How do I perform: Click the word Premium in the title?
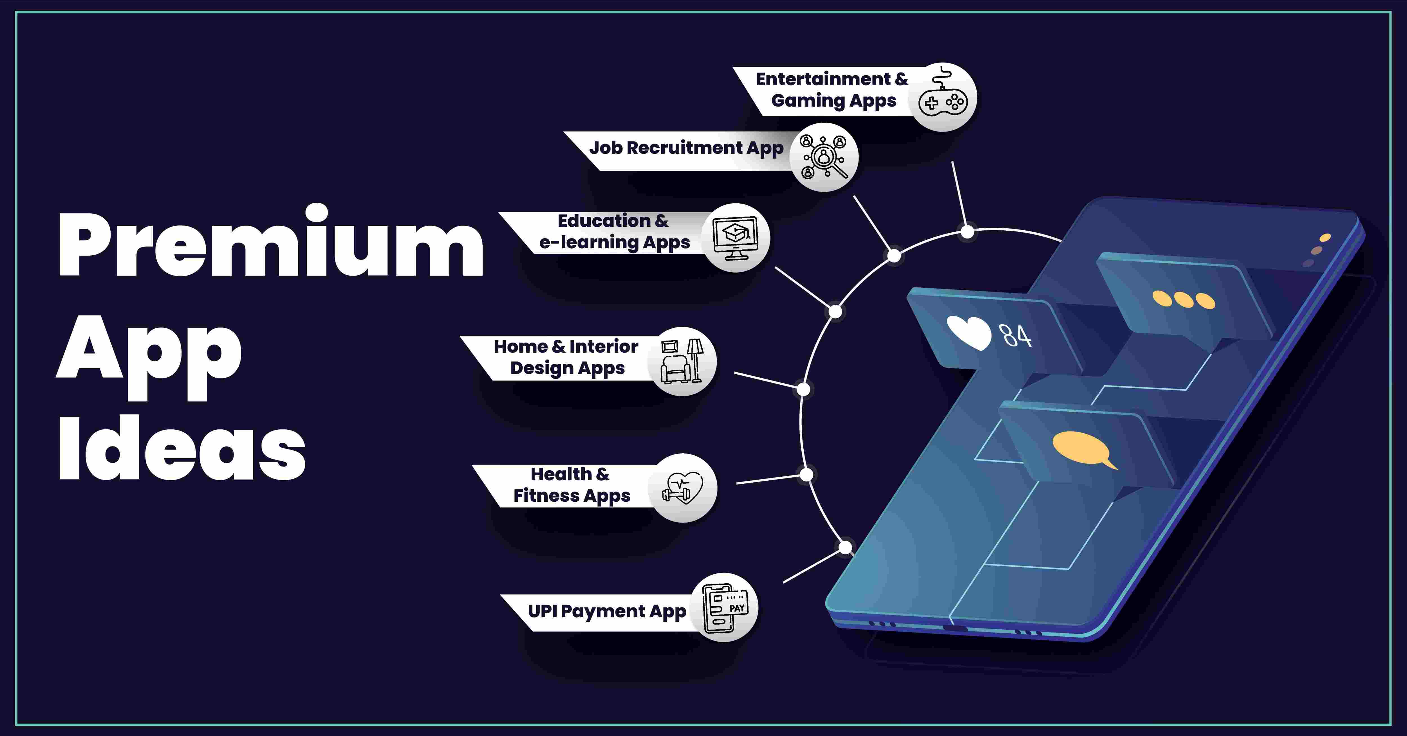tap(270, 246)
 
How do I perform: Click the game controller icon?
tap(943, 98)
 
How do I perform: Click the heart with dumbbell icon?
tap(683, 488)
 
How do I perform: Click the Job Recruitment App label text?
tap(686, 148)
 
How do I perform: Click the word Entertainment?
tap(823, 79)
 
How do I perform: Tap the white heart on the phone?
tap(968, 332)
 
